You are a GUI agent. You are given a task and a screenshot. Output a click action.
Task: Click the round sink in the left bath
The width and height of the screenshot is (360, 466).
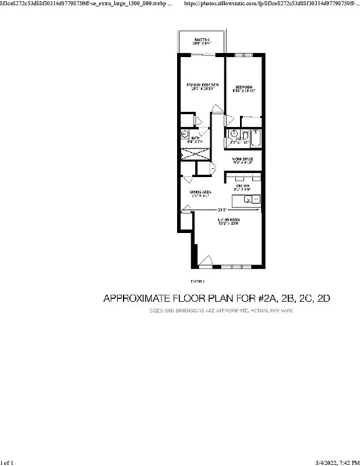click(185, 134)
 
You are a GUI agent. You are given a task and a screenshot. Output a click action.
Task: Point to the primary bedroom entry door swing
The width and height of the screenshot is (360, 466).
click(217, 110)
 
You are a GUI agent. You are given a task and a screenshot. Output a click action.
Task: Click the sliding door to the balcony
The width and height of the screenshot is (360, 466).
click(202, 54)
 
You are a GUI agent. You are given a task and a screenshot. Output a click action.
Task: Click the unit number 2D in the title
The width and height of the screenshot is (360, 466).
click(322, 299)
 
